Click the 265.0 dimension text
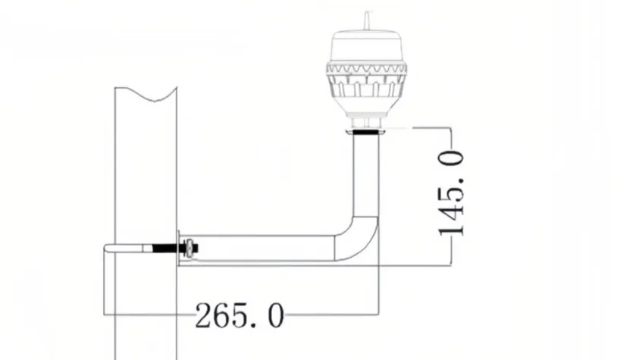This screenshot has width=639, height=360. [x=240, y=315]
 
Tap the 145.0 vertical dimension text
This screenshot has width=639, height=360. [x=452, y=192]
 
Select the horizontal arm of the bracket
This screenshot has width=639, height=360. [x=265, y=249]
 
